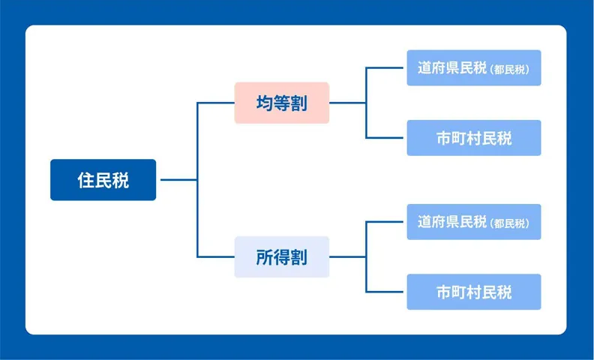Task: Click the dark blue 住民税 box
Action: coord(103,179)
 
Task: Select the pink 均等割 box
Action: coord(282,103)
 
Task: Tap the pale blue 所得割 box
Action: coord(282,257)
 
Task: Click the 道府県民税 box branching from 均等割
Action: coord(474,67)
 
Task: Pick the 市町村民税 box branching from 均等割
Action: coord(474,138)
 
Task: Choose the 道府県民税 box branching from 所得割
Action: coord(474,222)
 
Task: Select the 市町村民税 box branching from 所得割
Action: coord(474,292)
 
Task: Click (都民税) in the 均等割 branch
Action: coord(509,69)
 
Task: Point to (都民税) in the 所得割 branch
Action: coord(509,223)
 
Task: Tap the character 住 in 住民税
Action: coord(85,180)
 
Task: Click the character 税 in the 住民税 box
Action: coord(121,180)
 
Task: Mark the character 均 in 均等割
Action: coord(265,103)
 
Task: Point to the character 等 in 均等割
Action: coord(282,103)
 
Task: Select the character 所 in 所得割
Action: coord(265,257)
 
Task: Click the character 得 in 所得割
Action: coord(282,257)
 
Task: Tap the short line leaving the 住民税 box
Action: coord(178,179)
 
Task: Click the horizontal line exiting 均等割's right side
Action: coord(348,103)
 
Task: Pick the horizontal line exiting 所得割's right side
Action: coord(348,257)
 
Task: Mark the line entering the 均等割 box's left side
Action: coord(216,103)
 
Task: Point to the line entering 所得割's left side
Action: coord(216,257)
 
